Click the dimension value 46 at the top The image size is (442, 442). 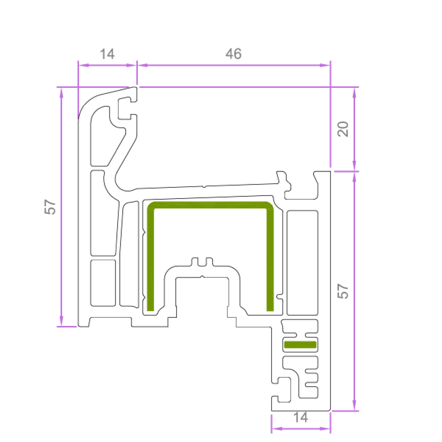(x=233, y=54)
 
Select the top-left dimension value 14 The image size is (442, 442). (x=107, y=54)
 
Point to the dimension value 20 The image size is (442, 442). (x=343, y=129)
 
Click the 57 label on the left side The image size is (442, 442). (x=50, y=207)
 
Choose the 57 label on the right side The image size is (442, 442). (x=343, y=291)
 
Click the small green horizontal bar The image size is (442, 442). (x=300, y=344)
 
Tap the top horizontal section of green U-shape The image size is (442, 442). (x=210, y=205)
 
